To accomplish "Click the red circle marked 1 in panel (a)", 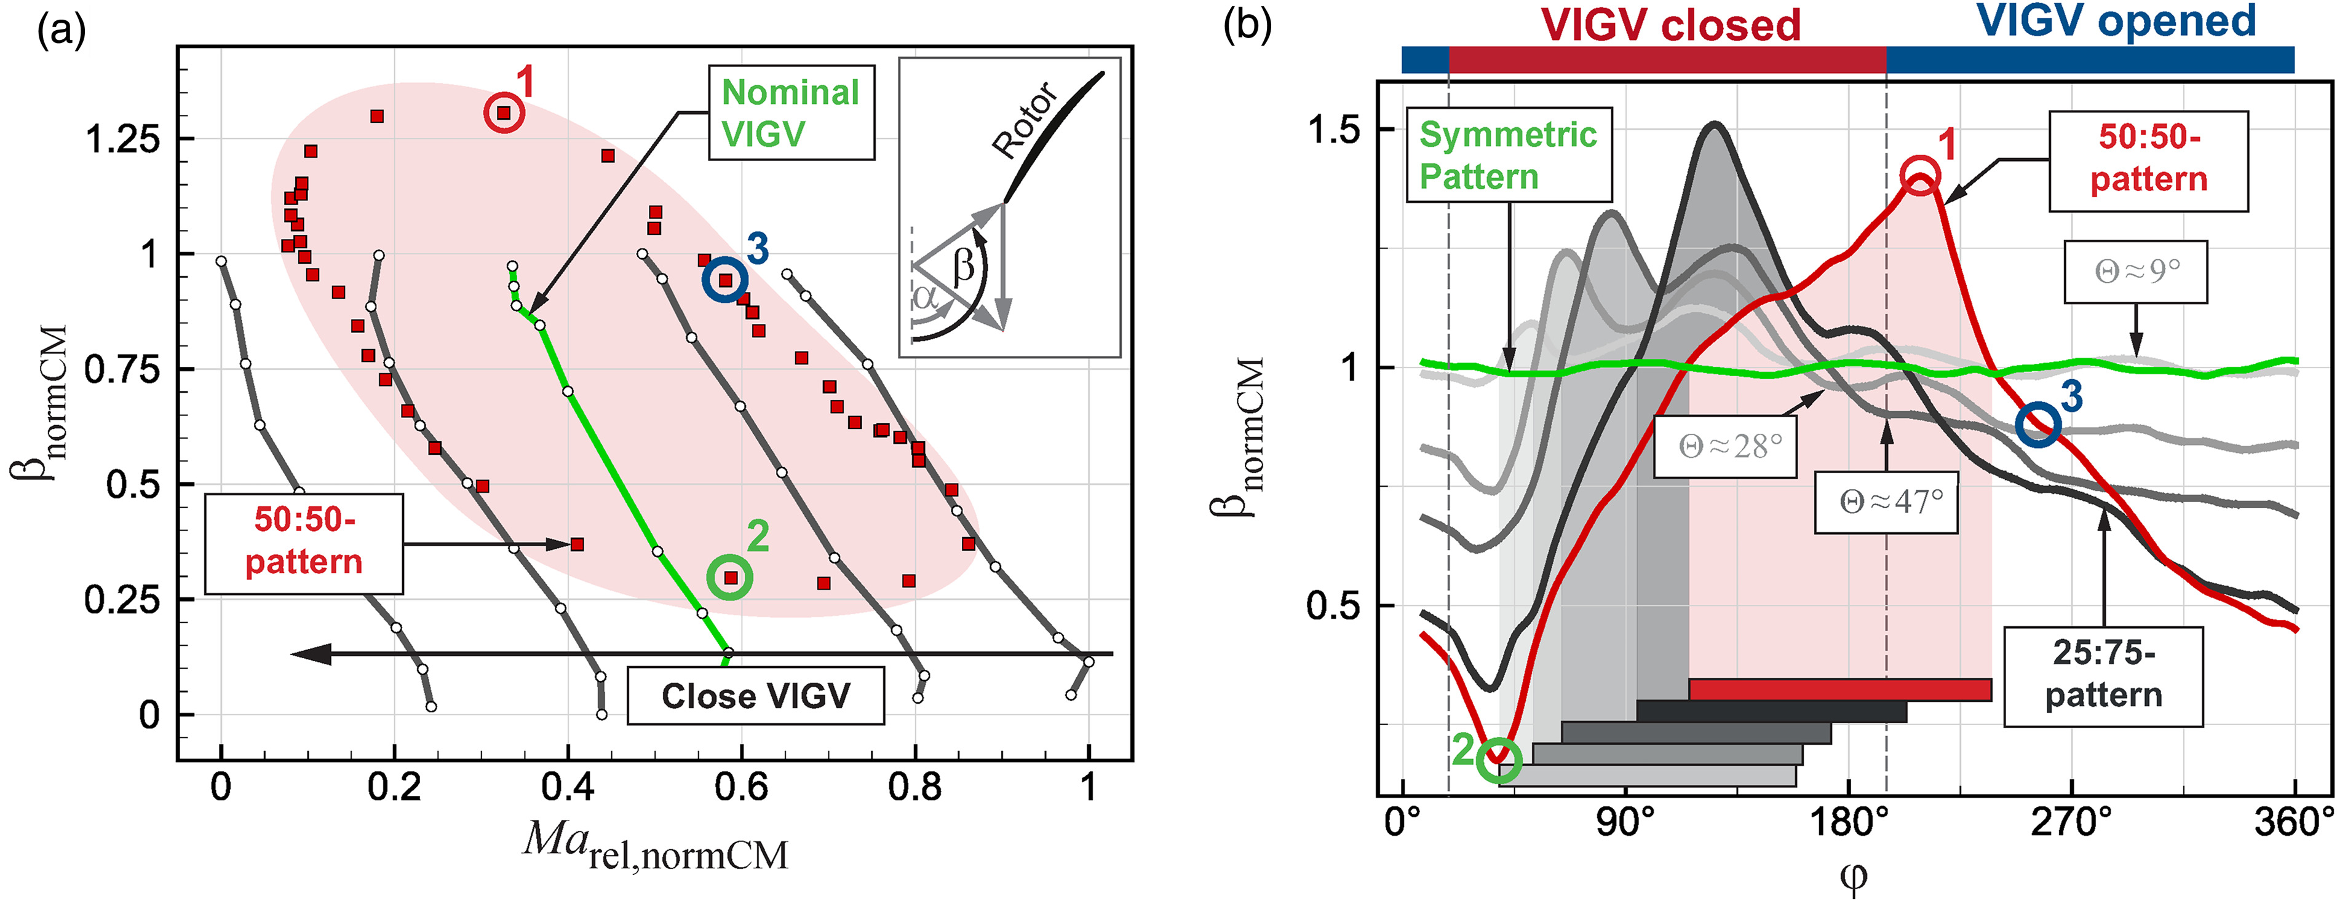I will point(504,113).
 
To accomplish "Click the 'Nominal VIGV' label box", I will point(790,112).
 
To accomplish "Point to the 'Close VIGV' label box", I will point(756,696).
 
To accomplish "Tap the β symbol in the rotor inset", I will point(964,265).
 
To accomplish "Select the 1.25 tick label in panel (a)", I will point(122,140).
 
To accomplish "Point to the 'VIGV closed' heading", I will point(1671,25).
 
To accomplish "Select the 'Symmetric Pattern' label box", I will point(1509,155).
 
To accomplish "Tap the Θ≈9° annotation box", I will point(2136,271).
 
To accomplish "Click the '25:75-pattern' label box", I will point(2103,675).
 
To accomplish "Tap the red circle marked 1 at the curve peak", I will point(1921,174).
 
